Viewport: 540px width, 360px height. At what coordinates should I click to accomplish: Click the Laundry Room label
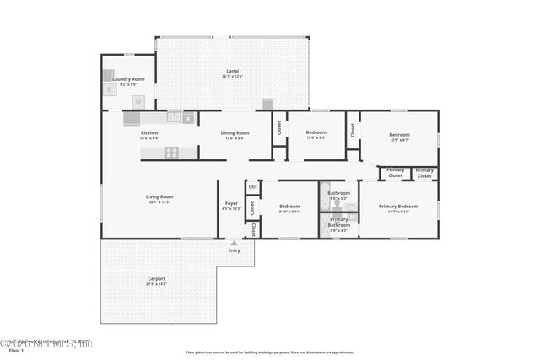128,79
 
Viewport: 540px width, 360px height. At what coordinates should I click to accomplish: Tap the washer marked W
139,101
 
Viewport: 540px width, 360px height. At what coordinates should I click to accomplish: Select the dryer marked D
109,89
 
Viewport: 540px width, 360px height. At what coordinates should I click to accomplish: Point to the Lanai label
232,71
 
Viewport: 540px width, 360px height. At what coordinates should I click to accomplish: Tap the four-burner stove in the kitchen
171,153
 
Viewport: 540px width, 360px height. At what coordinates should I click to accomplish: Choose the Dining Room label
235,132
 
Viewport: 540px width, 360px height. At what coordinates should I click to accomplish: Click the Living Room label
159,196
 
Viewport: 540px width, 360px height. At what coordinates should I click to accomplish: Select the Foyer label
230,203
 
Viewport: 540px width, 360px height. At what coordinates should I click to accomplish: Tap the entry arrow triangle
234,243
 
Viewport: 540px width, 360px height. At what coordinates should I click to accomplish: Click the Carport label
156,278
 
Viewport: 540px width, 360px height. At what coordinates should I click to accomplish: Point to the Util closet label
252,187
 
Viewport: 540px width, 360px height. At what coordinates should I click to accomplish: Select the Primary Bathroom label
339,222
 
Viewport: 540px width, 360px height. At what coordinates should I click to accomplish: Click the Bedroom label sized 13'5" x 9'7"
399,135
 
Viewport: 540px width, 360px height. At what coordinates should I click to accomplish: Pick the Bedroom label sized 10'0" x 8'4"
316,132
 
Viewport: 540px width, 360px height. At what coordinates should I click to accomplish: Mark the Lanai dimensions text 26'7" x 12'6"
232,77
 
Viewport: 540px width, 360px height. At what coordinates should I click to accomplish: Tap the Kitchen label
149,132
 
